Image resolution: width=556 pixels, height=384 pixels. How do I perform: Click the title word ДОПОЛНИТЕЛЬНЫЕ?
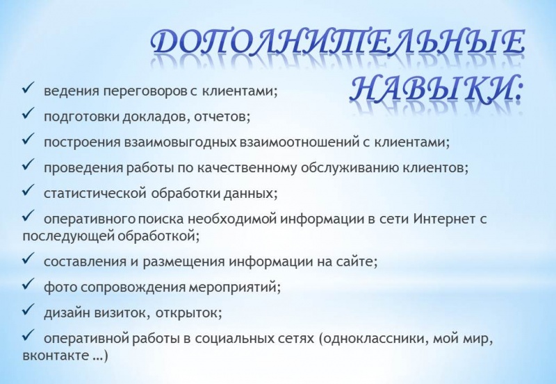coord(337,42)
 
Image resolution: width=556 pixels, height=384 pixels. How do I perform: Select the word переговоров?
coord(145,92)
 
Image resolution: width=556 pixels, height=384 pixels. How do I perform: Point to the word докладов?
coord(155,117)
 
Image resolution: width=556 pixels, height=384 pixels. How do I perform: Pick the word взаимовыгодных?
coord(180,142)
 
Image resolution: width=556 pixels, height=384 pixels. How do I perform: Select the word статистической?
coord(95,194)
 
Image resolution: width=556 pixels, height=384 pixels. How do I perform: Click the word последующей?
coord(68,236)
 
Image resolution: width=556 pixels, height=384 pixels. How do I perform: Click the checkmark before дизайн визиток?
coord(28,309)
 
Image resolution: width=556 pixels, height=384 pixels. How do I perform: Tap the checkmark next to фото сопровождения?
coord(28,284)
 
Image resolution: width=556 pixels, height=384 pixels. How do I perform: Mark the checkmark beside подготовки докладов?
coord(28,113)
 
